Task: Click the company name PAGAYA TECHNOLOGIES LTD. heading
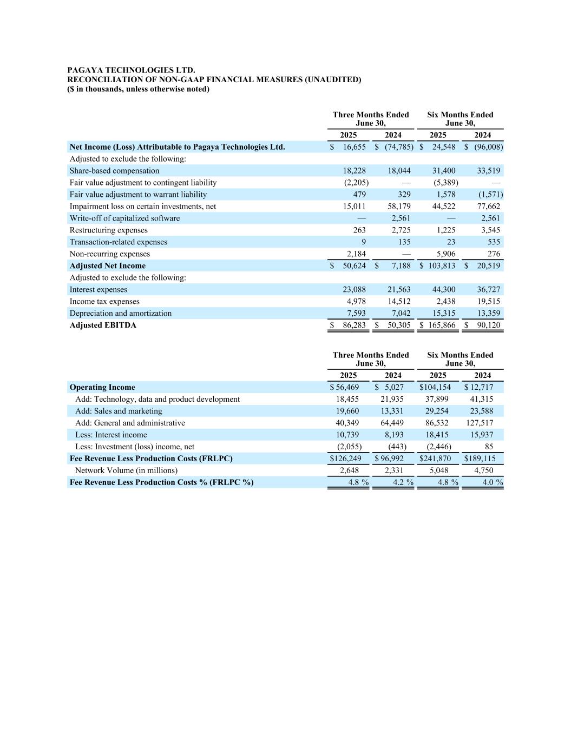131,70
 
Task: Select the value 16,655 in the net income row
355,147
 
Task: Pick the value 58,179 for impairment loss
399,207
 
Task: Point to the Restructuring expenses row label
108,230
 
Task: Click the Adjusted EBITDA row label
103,325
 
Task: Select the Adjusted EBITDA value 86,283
355,325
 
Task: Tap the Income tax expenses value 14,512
399,302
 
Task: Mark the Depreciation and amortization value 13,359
488,314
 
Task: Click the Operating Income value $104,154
435,388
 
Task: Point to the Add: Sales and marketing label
119,411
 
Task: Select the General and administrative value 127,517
480,423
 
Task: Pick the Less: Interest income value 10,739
347,435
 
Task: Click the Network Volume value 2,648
349,471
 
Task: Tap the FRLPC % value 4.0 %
493,483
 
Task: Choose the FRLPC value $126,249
345,459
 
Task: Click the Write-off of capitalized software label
124,218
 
